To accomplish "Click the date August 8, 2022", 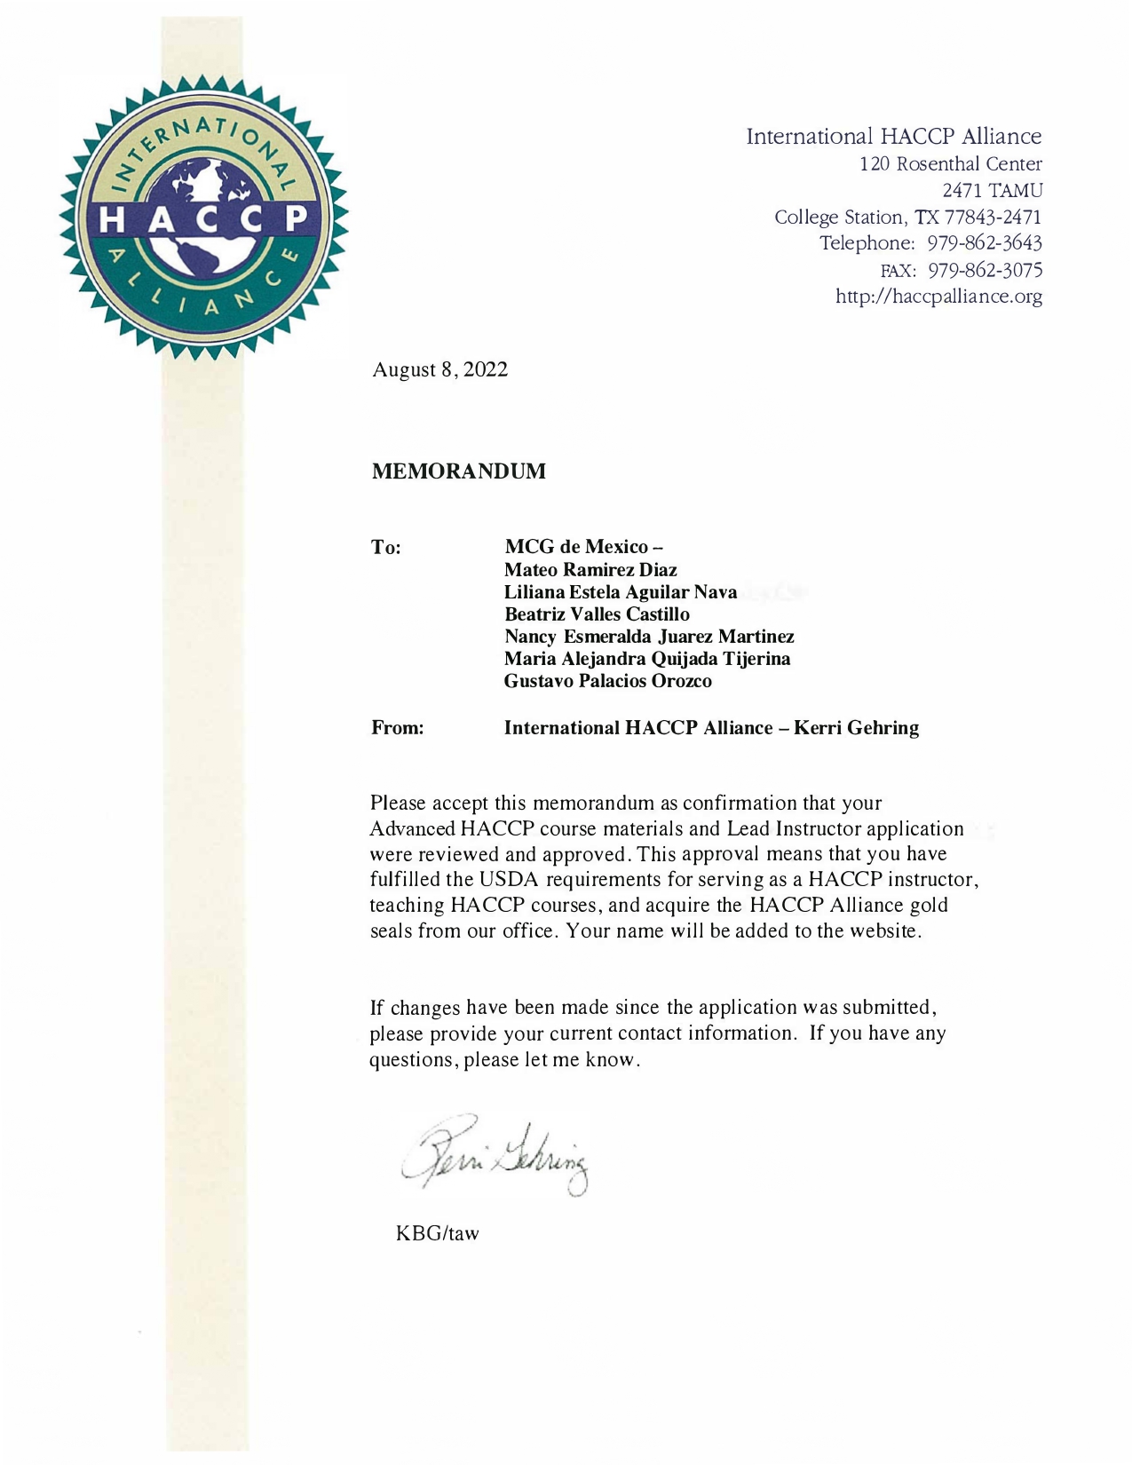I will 439,369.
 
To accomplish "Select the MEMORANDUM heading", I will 458,471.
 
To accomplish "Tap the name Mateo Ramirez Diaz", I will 590,570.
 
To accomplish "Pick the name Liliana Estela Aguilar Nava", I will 621,592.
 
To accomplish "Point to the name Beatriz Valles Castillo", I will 597,614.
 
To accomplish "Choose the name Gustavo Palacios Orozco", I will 607,681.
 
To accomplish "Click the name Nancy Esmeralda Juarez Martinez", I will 649,637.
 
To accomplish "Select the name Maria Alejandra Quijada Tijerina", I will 647,659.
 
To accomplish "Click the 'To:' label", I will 386,548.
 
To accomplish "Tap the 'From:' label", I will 397,728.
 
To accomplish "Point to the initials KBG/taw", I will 437,1233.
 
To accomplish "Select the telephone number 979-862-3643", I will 985,243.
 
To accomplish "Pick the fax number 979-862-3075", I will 985,270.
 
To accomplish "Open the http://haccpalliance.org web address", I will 938,297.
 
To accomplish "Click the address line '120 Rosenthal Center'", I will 950,164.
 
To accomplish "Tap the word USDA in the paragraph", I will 510,880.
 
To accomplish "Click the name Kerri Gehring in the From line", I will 856,728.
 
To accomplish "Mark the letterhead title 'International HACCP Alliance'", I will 893,136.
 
